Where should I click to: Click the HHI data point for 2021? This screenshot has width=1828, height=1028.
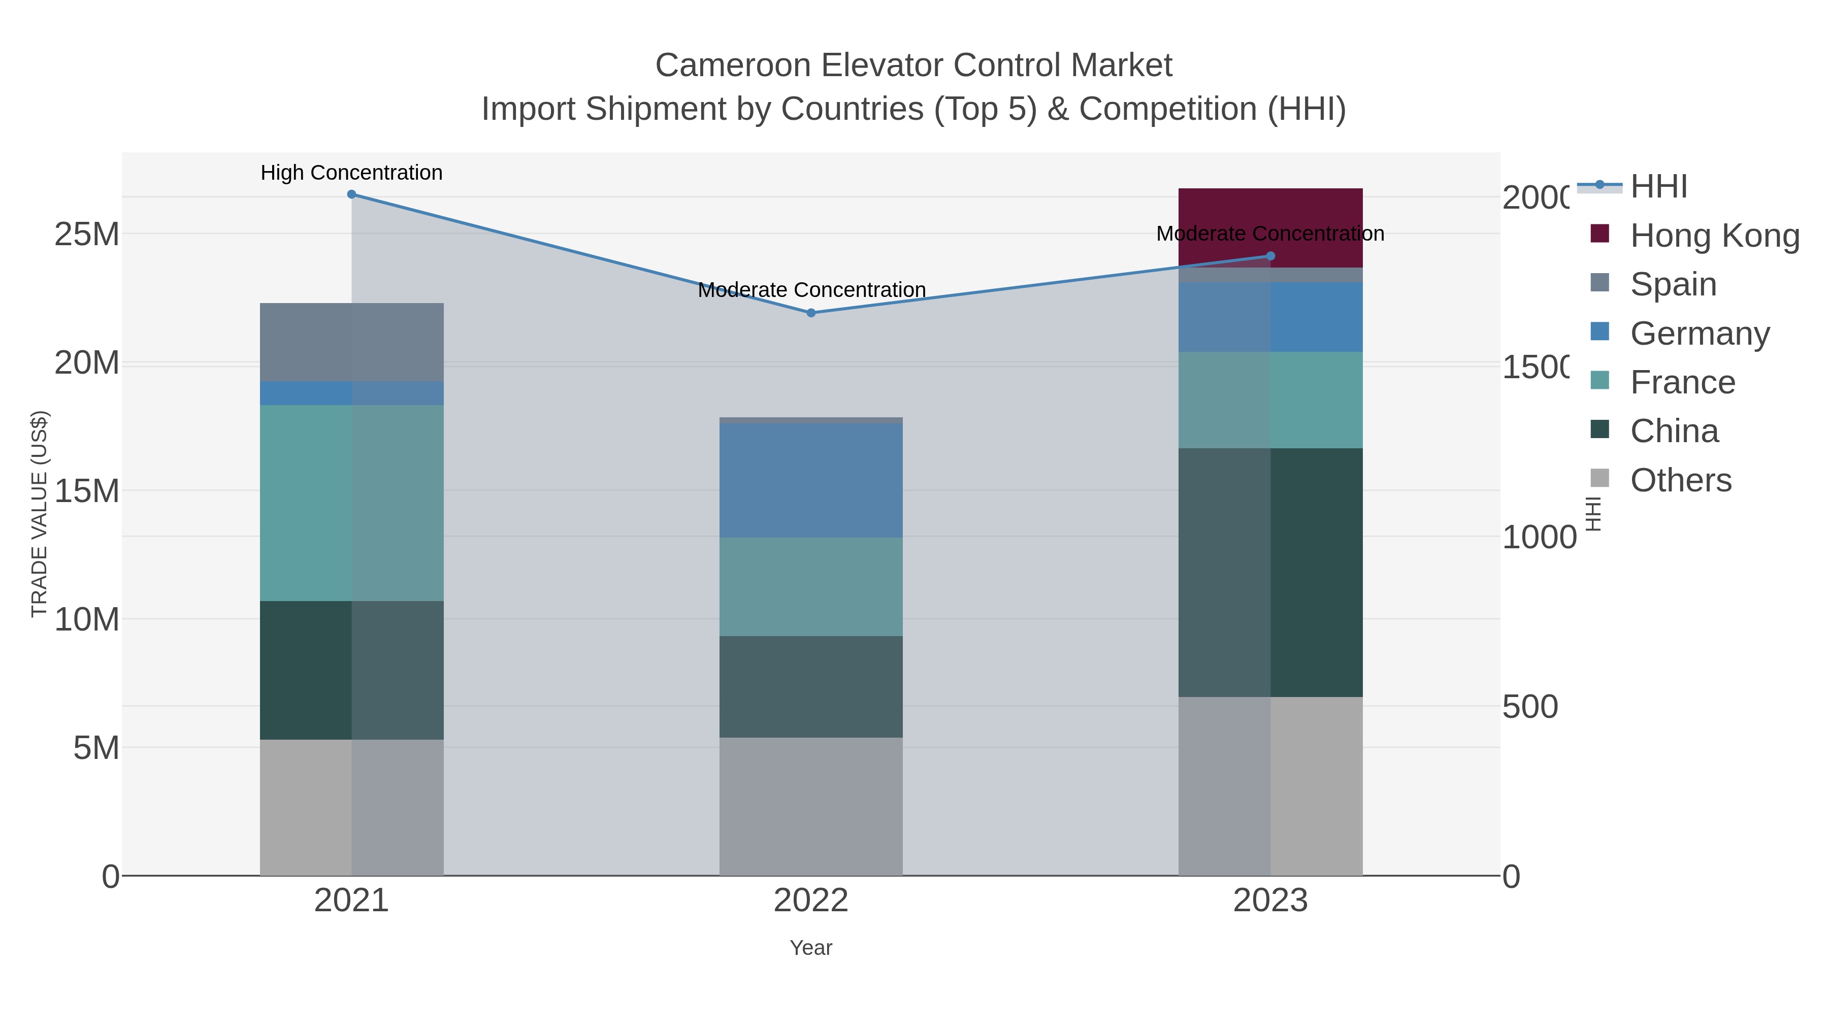tap(351, 194)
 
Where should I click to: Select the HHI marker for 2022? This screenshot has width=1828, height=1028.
tap(811, 313)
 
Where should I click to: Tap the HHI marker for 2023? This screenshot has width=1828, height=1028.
tap(1270, 256)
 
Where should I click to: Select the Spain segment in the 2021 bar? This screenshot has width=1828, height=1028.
tap(351, 342)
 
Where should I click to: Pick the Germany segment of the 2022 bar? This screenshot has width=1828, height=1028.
tap(811, 480)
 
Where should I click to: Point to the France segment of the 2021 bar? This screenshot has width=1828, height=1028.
tap(351, 503)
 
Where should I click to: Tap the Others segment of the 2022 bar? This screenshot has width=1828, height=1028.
tap(811, 806)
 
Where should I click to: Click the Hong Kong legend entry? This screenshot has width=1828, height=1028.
tap(1714, 236)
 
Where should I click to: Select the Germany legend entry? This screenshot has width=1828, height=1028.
tap(1700, 334)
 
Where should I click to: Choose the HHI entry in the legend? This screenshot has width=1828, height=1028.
tap(1658, 187)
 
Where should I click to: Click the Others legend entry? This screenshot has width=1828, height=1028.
tap(1680, 480)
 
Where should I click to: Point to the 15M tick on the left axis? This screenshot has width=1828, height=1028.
tap(86, 491)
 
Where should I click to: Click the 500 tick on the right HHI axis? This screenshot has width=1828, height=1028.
tap(1530, 707)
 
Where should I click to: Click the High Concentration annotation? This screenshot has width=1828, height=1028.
tap(351, 173)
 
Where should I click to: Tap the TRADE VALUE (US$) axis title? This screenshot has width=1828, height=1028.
tap(39, 514)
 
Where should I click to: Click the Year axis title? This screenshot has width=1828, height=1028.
tap(811, 948)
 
